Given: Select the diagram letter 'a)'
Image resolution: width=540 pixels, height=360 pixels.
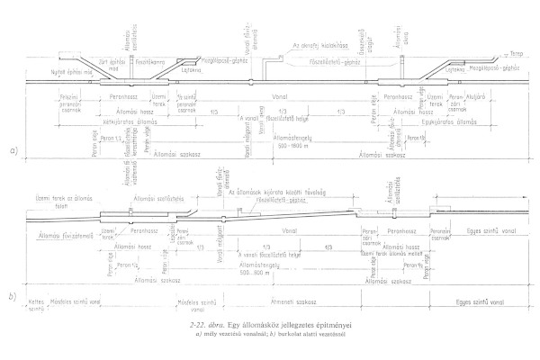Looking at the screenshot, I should tap(14, 150).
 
